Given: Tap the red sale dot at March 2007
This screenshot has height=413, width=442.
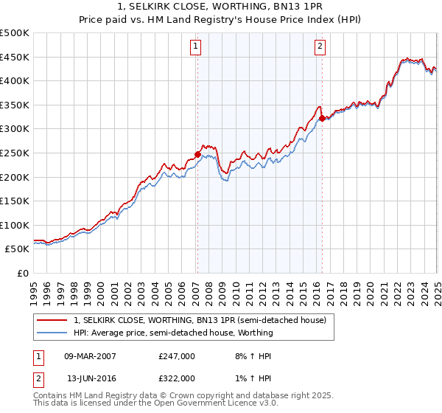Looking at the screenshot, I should coord(197,154).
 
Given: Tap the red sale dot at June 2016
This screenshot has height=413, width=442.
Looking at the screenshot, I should coord(322,118).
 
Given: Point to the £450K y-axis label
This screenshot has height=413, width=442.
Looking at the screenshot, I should coord(15,57).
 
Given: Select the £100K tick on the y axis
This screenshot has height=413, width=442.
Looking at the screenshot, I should coord(15,225).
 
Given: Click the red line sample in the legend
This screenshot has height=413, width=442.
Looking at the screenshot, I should coord(52,320).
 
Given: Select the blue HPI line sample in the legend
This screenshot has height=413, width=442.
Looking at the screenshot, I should coord(52,333).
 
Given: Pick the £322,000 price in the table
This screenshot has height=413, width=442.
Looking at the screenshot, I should coord(177,378).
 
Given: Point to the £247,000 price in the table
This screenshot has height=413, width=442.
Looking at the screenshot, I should coord(177,355).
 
